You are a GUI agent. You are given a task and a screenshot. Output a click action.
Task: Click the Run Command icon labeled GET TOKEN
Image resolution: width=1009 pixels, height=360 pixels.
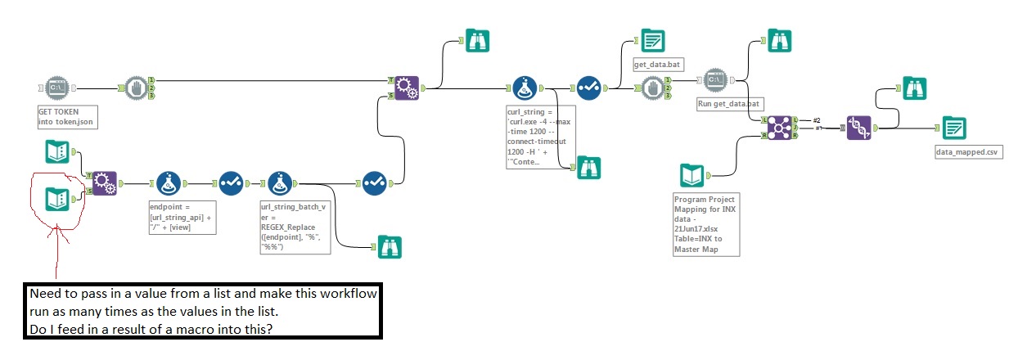[57, 87]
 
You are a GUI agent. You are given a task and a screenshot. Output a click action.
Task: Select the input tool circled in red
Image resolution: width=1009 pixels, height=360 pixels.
[56, 197]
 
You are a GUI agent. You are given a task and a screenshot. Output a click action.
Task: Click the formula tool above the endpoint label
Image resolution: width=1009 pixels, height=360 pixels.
[169, 183]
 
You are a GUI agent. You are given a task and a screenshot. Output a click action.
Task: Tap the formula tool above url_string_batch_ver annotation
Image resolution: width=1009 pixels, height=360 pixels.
[281, 183]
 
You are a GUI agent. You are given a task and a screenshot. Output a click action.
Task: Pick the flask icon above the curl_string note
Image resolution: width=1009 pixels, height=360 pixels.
[525, 87]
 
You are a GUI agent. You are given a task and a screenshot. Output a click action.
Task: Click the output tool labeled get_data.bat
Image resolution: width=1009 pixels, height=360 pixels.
[652, 41]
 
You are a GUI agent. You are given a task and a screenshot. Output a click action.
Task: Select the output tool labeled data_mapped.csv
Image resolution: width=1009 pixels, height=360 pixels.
[953, 128]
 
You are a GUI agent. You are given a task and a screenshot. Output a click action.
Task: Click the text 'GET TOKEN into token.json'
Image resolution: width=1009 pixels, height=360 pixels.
[66, 116]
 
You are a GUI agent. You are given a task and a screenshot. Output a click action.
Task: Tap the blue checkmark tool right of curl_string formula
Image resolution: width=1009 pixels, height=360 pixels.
[589, 87]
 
